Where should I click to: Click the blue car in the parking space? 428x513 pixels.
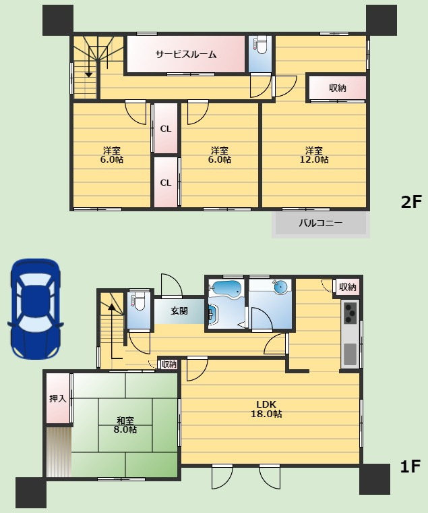[35, 309]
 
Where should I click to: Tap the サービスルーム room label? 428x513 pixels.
[186, 54]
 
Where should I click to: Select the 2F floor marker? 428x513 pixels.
[411, 202]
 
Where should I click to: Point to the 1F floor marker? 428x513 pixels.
[410, 466]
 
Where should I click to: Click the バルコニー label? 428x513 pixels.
[321, 223]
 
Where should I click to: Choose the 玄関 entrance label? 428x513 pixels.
[179, 310]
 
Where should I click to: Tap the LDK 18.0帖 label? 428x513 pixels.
[266, 409]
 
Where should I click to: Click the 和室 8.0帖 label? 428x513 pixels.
[125, 425]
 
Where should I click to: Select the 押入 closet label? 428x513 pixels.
[58, 398]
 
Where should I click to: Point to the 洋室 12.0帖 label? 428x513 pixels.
[314, 155]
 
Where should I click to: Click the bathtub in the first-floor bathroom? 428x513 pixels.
[226, 289]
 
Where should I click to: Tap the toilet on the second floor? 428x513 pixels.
[261, 45]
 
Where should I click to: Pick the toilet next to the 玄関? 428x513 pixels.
[139, 300]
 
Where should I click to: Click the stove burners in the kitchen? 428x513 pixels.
[350, 313]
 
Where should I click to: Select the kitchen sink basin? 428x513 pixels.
[350, 354]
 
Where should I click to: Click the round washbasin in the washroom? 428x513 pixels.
[280, 288]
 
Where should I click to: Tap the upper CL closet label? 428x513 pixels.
[166, 129]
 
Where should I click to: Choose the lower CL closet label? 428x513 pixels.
[166, 182]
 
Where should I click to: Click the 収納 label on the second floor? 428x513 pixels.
[337, 88]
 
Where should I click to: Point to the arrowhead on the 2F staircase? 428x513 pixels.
[88, 75]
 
